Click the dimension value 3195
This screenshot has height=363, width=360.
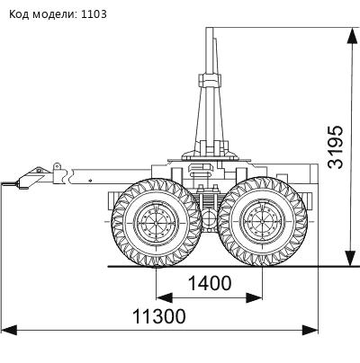point(336,146)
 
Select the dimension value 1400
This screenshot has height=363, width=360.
point(210,283)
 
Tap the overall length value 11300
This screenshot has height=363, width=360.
point(159,316)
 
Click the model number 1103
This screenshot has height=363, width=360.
point(94,13)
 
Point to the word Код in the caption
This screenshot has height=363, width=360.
point(19,14)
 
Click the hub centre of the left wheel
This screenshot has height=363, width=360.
point(156,223)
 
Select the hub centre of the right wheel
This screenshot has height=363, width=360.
point(263,222)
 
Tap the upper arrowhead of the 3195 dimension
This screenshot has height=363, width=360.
point(351,36)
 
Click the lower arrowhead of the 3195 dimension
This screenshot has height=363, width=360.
point(351,258)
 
